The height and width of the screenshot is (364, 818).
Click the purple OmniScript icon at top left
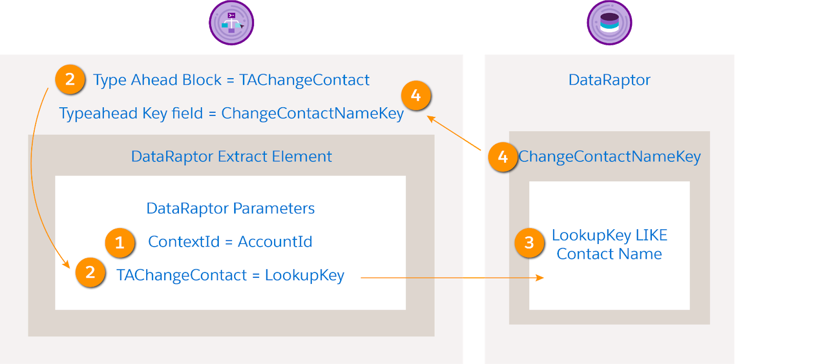[232, 23]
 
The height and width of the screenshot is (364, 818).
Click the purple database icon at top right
[609, 23]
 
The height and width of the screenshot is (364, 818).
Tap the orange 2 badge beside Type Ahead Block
[70, 80]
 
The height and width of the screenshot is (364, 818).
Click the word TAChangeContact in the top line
[304, 80]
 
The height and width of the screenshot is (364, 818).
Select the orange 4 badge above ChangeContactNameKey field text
[416, 95]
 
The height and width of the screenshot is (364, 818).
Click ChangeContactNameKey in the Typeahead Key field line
[312, 113]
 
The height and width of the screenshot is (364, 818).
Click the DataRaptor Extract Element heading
[231, 156]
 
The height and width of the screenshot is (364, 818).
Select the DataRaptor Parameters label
[230, 208]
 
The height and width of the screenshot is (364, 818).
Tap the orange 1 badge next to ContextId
[120, 242]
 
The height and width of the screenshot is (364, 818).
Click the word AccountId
[275, 242]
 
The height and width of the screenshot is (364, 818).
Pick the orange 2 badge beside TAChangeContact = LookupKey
[90, 273]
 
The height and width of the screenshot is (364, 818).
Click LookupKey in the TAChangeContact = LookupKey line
[304, 276]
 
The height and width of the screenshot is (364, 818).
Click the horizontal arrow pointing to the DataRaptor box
[450, 278]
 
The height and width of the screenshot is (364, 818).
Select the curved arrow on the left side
[32, 168]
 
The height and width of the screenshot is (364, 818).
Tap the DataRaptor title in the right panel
[609, 80]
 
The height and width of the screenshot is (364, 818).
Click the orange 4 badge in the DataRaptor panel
[503, 157]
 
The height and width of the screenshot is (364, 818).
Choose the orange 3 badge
[529, 243]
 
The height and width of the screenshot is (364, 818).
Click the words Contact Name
[609, 254]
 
